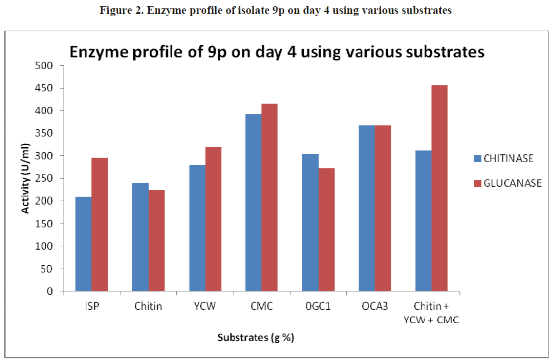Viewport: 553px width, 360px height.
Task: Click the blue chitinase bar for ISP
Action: (83, 244)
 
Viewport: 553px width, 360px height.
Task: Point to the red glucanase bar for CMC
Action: (270, 197)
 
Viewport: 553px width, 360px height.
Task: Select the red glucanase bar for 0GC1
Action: (326, 221)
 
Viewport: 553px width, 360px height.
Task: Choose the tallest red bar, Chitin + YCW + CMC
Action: (439, 188)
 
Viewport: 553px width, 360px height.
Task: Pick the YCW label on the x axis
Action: (205, 306)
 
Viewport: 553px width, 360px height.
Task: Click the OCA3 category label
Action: (375, 306)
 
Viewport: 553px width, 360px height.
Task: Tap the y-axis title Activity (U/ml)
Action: (25, 178)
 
